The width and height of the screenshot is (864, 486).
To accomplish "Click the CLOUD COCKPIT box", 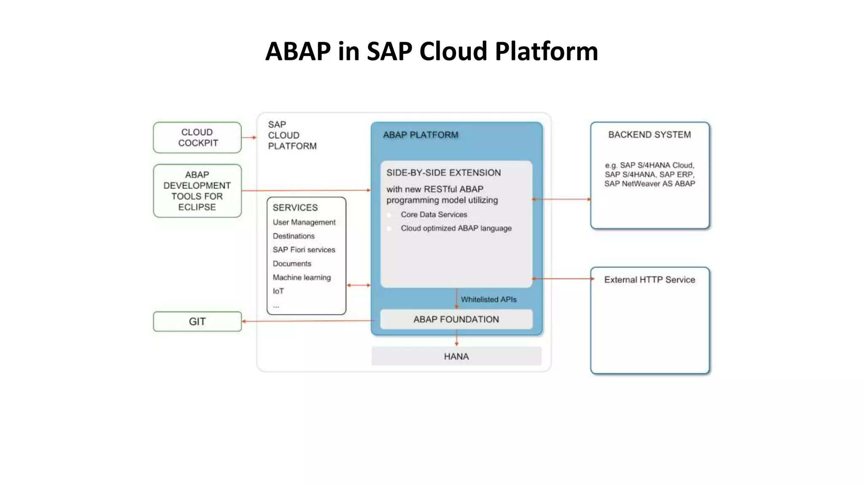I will (x=197, y=138).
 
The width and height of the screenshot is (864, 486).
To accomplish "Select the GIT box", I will (x=197, y=321).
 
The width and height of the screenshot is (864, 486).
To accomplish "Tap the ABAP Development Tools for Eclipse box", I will (x=197, y=191).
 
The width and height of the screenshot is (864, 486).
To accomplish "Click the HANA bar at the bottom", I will (x=456, y=356).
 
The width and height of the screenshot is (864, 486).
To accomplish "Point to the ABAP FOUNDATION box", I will (x=456, y=319).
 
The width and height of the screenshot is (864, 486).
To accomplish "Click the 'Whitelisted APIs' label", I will (x=489, y=300).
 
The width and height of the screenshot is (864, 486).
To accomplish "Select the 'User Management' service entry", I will (x=304, y=222).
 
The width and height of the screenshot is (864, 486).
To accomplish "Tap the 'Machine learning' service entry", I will (x=302, y=278).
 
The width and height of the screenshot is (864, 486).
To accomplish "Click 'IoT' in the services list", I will (x=278, y=291).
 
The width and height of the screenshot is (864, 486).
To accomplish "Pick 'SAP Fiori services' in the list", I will (x=304, y=250).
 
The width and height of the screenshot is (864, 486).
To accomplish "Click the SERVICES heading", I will (x=295, y=208).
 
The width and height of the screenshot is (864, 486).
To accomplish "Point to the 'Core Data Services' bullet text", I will (x=434, y=215).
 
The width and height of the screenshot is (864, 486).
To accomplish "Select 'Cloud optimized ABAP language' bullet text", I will (x=456, y=228).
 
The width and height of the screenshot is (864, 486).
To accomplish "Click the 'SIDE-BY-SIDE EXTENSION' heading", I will (x=443, y=173).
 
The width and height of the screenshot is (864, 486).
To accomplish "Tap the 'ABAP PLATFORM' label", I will (x=420, y=135).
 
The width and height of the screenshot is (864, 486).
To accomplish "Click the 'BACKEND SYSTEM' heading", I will (x=649, y=135).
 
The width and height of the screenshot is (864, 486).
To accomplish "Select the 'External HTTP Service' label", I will (x=649, y=280).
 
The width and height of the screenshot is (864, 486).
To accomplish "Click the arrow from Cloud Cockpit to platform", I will (x=249, y=138).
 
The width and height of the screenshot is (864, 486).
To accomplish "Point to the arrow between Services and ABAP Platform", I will (x=359, y=286).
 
